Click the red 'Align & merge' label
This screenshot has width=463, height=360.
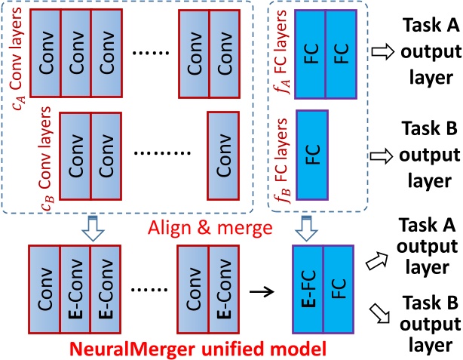[x=210, y=228]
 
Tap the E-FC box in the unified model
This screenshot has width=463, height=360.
[x=308, y=289]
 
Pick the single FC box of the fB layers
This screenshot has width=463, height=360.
[x=312, y=155]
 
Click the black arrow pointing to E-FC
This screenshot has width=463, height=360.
[x=262, y=292]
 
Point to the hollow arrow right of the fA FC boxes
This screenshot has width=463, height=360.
[x=382, y=52]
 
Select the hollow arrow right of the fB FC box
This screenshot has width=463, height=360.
[x=382, y=155]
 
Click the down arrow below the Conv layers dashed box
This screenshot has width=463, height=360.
[x=93, y=229]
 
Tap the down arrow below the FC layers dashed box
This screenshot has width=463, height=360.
[x=306, y=229]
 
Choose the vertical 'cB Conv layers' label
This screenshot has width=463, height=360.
[x=46, y=158]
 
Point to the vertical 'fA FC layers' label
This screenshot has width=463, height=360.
[x=281, y=52]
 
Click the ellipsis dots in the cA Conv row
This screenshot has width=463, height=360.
[x=151, y=53]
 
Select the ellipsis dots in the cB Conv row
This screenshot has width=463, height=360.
[x=162, y=153]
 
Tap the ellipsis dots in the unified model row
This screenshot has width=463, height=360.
[x=149, y=290]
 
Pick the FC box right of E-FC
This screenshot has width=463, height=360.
[x=339, y=289]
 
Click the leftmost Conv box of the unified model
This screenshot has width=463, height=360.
[x=44, y=289]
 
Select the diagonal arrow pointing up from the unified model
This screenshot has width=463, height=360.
[x=377, y=260]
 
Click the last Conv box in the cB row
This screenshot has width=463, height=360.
[x=223, y=155]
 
